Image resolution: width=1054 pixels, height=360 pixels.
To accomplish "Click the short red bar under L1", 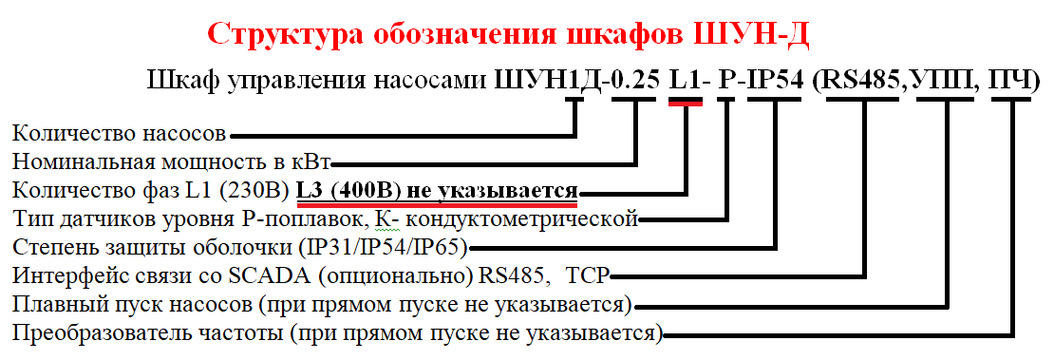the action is (685, 104).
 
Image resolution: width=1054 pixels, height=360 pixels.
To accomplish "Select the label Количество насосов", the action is (120, 130).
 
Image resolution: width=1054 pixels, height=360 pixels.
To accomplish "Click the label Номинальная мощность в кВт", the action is (170, 160).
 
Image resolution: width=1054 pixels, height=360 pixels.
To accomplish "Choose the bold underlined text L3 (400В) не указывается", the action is (436, 189).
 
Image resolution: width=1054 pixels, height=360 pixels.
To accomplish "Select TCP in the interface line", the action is (588, 277).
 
